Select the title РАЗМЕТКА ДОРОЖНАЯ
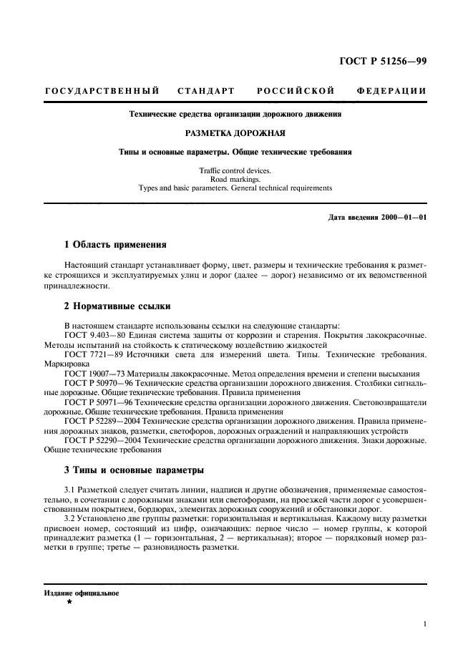point(235,132)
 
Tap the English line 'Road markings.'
point(235,179)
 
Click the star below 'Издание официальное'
point(69,603)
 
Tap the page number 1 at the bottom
point(424,623)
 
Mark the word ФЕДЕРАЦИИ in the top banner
point(391,91)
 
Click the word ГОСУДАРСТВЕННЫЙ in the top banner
point(101,91)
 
